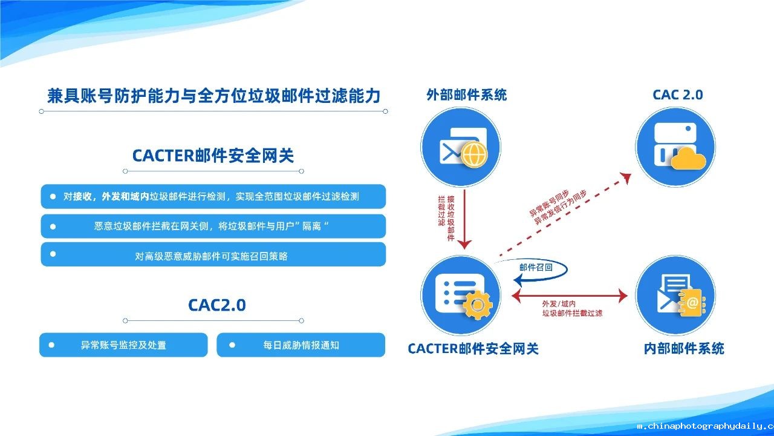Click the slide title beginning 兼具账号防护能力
click(213, 96)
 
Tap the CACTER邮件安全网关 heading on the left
click(213, 156)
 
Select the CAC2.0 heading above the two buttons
click(217, 305)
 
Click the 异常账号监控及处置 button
click(123, 345)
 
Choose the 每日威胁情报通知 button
click(301, 345)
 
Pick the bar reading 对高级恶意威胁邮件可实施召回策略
click(213, 254)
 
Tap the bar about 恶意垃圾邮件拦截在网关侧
click(213, 226)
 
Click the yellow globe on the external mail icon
click(475, 154)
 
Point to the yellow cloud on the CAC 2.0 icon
click(688, 159)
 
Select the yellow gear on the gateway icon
click(478, 305)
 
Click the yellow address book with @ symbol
click(692, 302)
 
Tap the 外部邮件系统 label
click(466, 95)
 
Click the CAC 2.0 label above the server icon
click(678, 95)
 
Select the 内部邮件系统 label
click(684, 348)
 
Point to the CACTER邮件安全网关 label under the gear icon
click(473, 348)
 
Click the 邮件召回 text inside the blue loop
click(536, 267)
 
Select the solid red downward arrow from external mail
click(464, 219)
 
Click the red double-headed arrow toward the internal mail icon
click(570, 296)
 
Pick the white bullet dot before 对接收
click(53, 197)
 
